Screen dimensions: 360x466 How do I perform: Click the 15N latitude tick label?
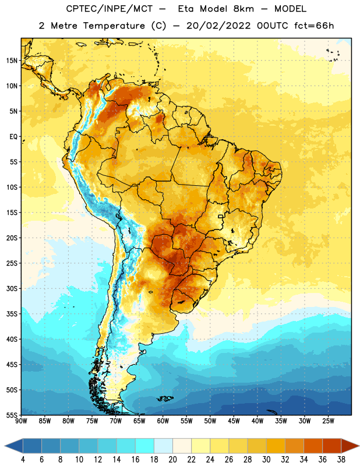[x=12, y=61]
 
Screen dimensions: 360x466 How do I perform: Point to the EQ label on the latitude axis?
[x=13, y=137]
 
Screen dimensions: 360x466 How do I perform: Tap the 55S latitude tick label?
[x=11, y=415]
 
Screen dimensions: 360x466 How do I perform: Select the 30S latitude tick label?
[x=12, y=288]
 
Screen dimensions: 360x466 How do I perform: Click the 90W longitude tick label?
[x=22, y=421]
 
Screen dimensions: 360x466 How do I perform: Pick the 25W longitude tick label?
[x=328, y=421]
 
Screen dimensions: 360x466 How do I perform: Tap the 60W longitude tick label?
[x=163, y=421]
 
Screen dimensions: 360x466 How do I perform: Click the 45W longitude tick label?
[x=234, y=421]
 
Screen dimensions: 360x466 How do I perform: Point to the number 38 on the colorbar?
[x=341, y=460]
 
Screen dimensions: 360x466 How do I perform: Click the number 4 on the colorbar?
[x=23, y=460]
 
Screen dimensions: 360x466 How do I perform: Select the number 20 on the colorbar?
[x=172, y=460]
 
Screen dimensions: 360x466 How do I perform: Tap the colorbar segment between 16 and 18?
[x=145, y=446]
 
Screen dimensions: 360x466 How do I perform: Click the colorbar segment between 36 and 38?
[x=332, y=446]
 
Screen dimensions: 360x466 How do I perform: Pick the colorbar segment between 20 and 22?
[x=182, y=446]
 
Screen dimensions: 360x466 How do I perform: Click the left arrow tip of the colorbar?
[x=5, y=446]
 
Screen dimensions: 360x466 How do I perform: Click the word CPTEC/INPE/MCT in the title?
[x=109, y=9]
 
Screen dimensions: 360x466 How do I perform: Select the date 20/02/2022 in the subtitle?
[x=218, y=26]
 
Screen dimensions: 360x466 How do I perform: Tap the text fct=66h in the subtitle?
[x=314, y=26]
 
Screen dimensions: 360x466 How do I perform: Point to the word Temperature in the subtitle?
[x=114, y=26]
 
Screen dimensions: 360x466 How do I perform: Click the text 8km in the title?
[x=243, y=9]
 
